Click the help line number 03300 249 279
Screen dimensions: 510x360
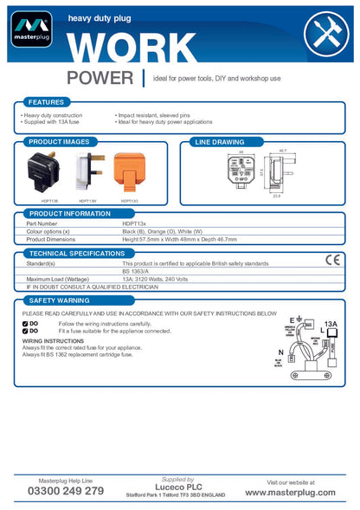coord(66,491)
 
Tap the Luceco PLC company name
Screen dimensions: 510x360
coord(178,487)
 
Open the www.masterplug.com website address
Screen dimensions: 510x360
coord(290,492)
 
